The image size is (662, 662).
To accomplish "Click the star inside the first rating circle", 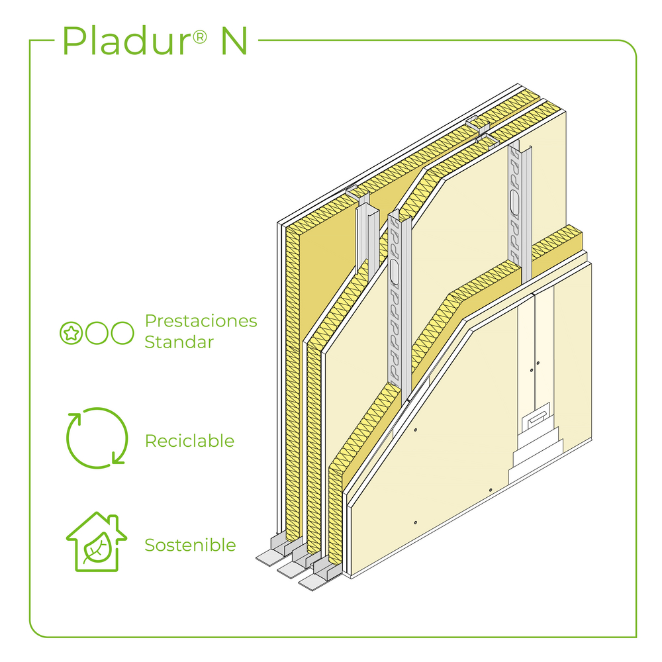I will pos(70,333).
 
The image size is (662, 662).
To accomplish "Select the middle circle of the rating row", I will pos(97,333).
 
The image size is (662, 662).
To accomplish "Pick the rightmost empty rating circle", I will pos(122,333).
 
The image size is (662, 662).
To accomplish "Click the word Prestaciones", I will pos(201,321).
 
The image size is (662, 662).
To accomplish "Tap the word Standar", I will pos(179,342).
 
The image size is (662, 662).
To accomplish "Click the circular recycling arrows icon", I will pos(97,437).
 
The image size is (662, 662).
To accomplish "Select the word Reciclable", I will pos(189,441).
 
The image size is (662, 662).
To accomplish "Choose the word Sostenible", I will pos(190,545).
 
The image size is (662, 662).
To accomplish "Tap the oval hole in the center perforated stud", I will pos(396,274).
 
